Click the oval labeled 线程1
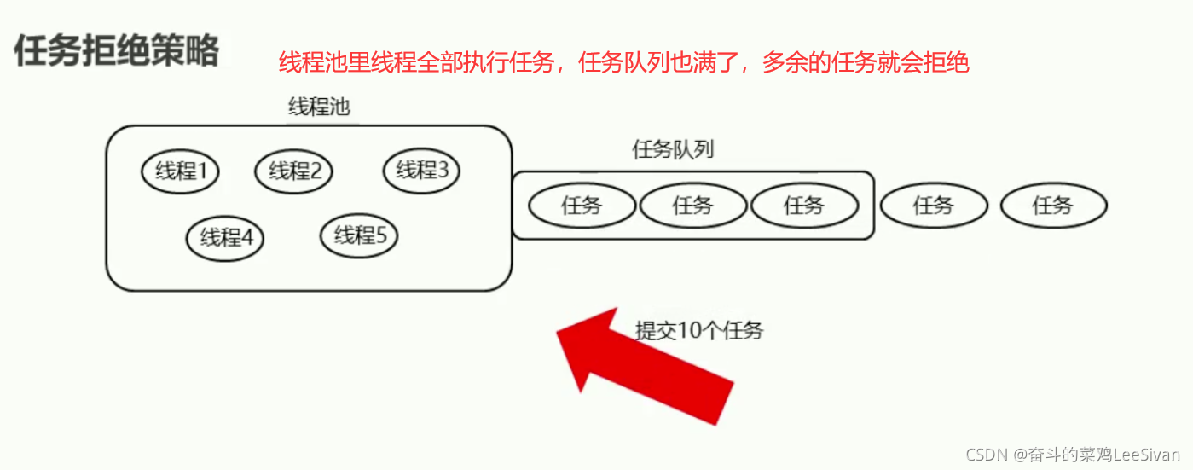180,171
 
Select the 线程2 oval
293,171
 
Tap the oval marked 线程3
421,171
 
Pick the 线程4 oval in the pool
225,237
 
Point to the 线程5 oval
359,235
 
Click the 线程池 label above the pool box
319,107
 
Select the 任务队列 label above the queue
673,150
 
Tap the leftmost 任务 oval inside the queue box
582,206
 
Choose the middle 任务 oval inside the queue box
692,206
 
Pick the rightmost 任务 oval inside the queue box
804,206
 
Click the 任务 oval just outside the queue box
933,206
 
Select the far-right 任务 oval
1053,206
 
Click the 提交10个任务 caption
698,331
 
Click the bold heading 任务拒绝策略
116,51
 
